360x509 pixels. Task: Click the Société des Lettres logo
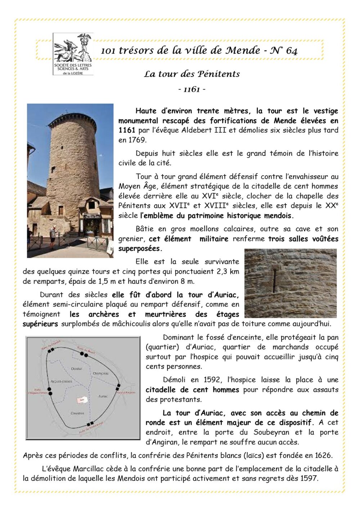pyautogui.click(x=73, y=54)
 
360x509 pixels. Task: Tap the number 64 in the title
pyautogui.click(x=291, y=51)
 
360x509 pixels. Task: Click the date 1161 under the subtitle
pyautogui.click(x=192, y=89)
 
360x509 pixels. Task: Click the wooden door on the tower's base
pyautogui.click(x=61, y=210)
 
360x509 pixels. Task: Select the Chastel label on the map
pyautogui.click(x=77, y=369)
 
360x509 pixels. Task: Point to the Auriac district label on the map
pyautogui.click(x=103, y=396)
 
